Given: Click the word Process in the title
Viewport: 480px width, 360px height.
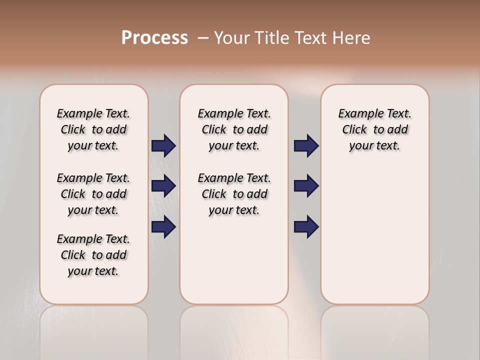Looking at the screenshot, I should [x=154, y=38].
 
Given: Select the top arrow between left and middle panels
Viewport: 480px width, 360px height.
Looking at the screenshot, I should [x=163, y=146].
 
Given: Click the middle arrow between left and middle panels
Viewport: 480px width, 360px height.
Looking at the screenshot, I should [x=163, y=186].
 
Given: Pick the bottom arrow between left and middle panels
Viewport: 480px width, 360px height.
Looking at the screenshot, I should [x=163, y=227].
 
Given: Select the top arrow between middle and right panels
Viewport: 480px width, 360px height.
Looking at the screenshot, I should [x=306, y=146].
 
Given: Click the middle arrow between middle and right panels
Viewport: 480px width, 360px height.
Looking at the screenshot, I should [x=306, y=186].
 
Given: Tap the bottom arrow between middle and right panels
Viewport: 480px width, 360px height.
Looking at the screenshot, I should [x=306, y=227].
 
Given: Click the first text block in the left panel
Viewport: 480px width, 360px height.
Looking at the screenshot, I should [x=93, y=129].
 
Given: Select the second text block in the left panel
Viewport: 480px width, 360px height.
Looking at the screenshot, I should [x=93, y=194].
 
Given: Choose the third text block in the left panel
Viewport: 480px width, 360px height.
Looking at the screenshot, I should [x=93, y=255].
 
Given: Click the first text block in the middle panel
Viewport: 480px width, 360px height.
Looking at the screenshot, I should [x=234, y=129].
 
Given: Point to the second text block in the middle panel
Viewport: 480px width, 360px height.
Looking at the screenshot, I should [x=234, y=194].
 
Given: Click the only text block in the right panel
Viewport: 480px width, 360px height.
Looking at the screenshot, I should [x=374, y=129].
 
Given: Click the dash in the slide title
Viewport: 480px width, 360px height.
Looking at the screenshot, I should [x=203, y=38].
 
